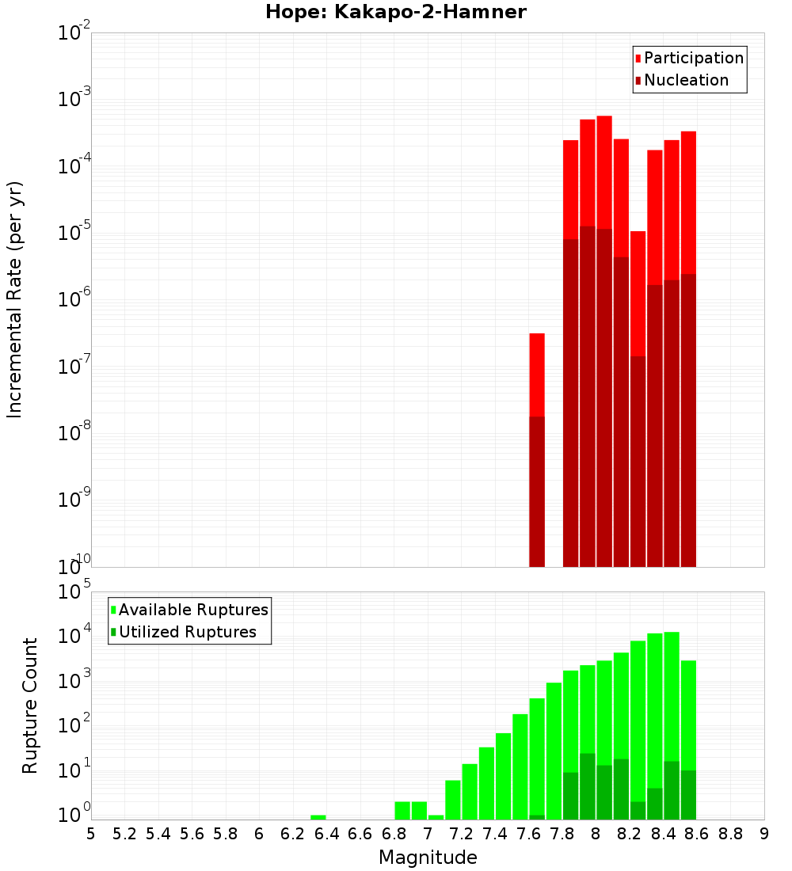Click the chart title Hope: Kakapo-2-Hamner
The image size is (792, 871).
point(395,12)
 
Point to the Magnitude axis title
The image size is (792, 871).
point(428,858)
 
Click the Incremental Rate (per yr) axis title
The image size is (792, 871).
point(15,300)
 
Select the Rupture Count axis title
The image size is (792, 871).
point(30,706)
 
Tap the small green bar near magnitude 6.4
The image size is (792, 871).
point(318,817)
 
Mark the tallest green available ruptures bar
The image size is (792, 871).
point(672,713)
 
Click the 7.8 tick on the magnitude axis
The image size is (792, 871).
point(562,834)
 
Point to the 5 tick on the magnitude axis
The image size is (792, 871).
point(91,834)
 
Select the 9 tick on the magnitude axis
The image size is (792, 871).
point(764,834)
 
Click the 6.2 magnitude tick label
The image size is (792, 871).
point(293,834)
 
